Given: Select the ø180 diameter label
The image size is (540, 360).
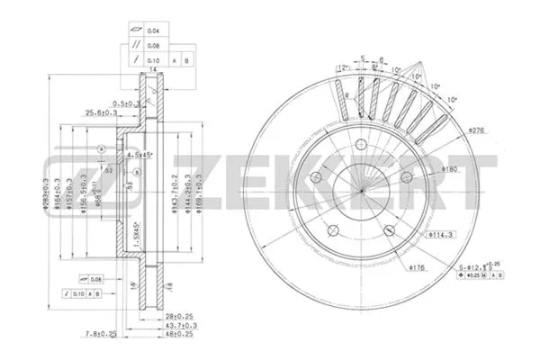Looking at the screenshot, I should pyautogui.click(x=451, y=169).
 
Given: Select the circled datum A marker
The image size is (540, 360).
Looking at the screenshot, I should pyautogui.click(x=103, y=148).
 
